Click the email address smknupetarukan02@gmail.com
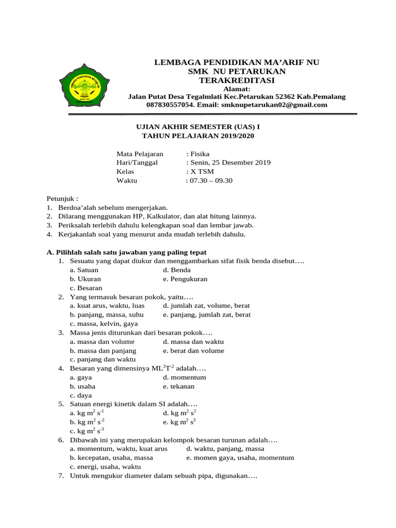[274, 105]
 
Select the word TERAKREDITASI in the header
[237, 80]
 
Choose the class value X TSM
[202, 171]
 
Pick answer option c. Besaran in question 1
[86, 288]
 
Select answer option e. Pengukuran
[185, 279]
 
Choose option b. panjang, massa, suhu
[107, 315]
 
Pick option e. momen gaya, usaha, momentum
[240, 457]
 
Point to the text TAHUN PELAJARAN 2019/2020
[198, 136]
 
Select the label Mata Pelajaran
[140, 154]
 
